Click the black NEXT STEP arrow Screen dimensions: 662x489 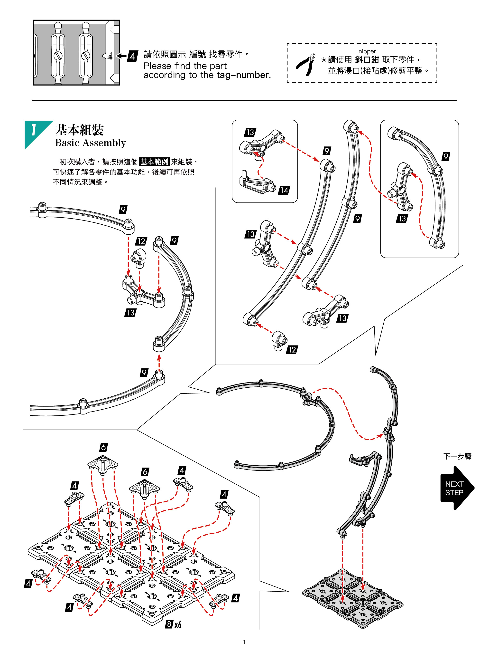(456, 488)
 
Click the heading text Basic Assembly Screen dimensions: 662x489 (91, 143)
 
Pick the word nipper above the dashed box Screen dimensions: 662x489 (367, 51)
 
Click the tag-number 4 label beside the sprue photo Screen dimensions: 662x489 (132, 56)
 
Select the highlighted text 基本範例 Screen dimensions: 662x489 (154, 162)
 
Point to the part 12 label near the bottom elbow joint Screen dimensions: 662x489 (292, 350)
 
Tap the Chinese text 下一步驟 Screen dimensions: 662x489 (457, 456)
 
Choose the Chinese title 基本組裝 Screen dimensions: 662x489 (80, 130)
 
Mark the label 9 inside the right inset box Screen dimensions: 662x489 (446, 156)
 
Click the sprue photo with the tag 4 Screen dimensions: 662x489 (76, 53)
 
